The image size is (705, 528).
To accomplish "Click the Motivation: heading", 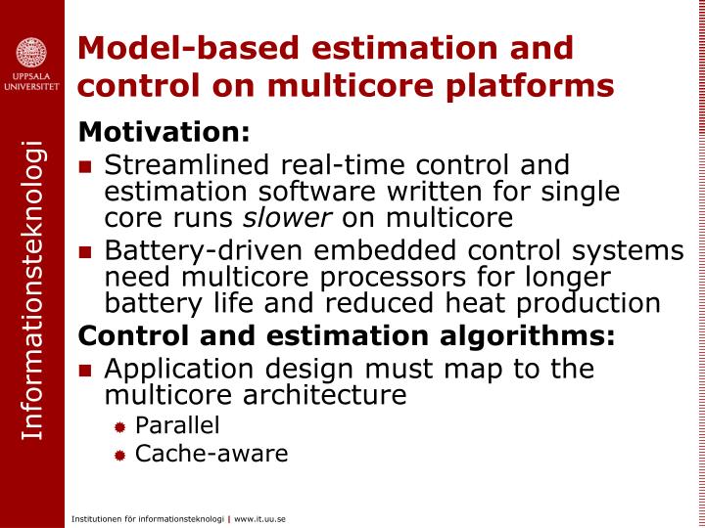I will point(164,131).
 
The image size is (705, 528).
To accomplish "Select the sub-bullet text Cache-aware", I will point(211,453).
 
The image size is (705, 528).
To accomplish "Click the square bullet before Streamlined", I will point(87,165).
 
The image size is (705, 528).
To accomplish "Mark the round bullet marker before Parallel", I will point(119,426).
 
